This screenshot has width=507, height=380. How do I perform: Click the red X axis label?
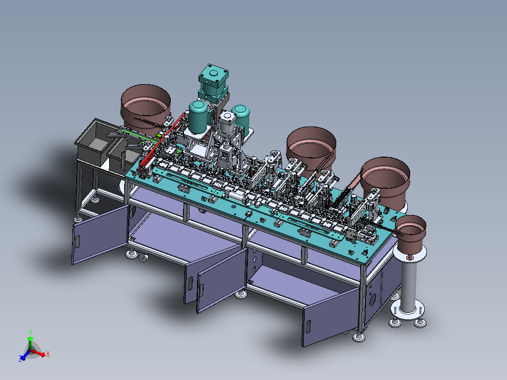pos(48,354)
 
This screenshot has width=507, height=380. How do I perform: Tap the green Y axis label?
pos(31,332)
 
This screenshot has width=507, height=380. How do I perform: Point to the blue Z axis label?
pos(20,359)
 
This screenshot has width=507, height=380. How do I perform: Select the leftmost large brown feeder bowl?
pos(145,108)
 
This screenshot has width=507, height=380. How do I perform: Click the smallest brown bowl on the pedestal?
pos(411,233)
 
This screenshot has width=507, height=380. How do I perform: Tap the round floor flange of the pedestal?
pos(408,310)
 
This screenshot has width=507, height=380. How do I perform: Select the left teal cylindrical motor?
pos(198,117)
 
